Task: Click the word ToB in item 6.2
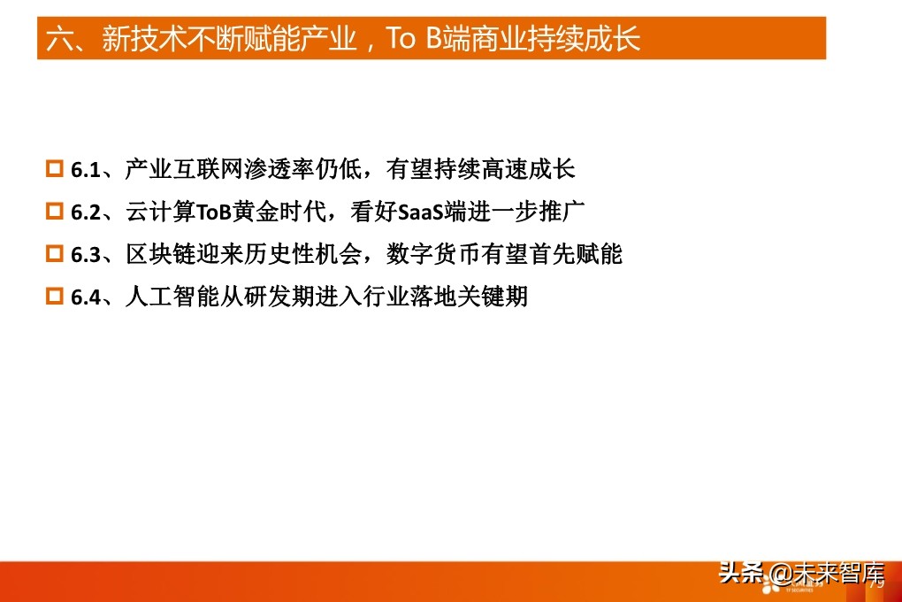click(212, 212)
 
